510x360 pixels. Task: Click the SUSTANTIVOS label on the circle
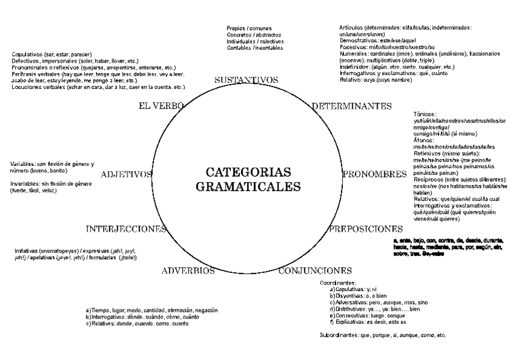tap(246, 80)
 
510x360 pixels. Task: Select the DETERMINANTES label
tap(352, 106)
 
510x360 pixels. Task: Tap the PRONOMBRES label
tap(375, 174)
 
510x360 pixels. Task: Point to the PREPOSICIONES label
tap(366, 229)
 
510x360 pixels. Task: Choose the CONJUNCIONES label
tap(315, 270)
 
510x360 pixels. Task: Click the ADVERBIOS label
tap(188, 271)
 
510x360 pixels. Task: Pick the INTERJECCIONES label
tap(126, 229)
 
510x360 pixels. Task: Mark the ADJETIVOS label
tap(127, 174)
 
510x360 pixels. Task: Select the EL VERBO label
tap(161, 106)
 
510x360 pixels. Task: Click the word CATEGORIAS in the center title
tap(248, 172)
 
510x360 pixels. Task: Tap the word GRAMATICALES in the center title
tap(248, 186)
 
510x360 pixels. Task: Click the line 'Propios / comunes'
tap(249, 28)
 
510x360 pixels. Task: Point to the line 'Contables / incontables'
tap(255, 48)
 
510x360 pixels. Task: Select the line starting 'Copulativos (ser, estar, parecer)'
tap(48, 54)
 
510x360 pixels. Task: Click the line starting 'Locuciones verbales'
tap(98, 87)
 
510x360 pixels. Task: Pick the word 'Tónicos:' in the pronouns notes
tap(425, 114)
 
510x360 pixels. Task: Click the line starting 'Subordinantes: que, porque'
tap(382, 335)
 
